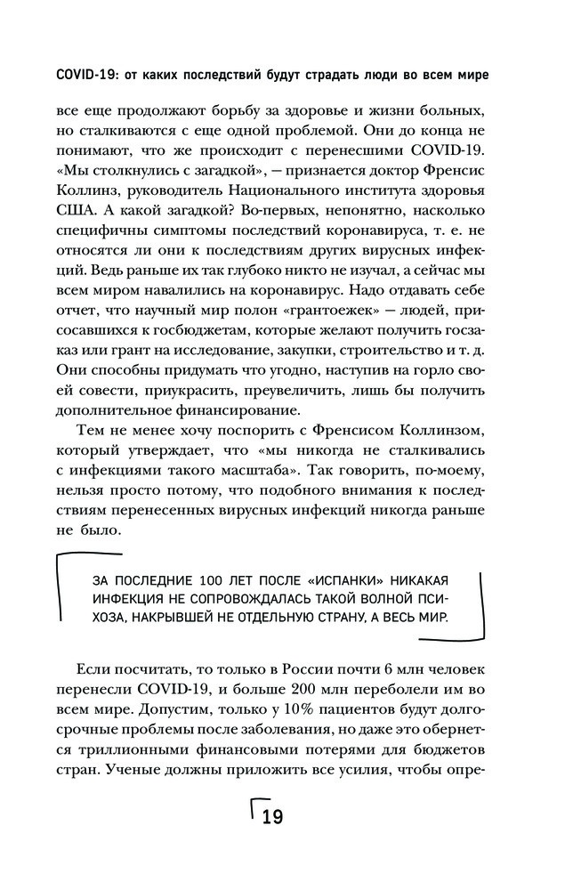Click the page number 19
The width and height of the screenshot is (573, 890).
click(x=270, y=815)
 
